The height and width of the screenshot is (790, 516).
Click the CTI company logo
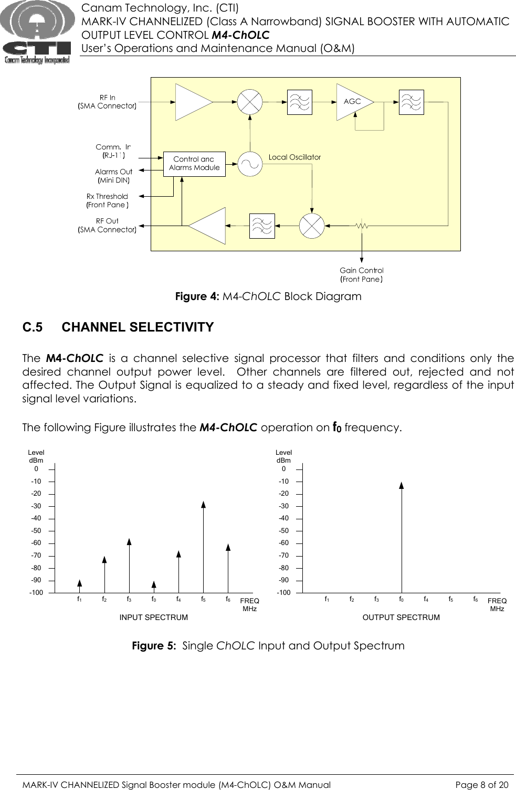click(36, 33)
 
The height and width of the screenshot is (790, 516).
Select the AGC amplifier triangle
click(353, 102)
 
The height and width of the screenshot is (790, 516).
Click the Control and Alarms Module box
click(194, 164)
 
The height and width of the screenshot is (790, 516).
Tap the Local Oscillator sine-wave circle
click(250, 164)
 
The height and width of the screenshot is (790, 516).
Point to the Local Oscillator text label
click(294, 157)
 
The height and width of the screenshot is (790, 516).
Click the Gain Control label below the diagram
click(362, 275)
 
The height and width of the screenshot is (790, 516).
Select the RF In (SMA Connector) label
click(107, 102)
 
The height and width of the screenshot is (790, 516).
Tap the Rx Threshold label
click(108, 200)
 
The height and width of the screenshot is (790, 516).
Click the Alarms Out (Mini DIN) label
click(113, 176)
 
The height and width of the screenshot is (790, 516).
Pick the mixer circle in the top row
click(250, 102)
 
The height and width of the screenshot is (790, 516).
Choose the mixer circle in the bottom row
click(312, 226)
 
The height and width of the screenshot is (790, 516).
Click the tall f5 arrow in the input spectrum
click(203, 546)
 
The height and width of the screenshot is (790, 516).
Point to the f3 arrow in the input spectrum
click(129, 564)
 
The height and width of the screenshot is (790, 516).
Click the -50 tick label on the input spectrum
click(36, 531)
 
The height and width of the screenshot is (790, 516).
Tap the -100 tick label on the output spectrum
click(283, 593)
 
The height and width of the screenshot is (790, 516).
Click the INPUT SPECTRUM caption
click(154, 617)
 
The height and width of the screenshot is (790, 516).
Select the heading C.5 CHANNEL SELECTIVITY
click(118, 327)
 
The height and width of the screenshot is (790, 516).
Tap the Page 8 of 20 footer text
click(481, 785)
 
